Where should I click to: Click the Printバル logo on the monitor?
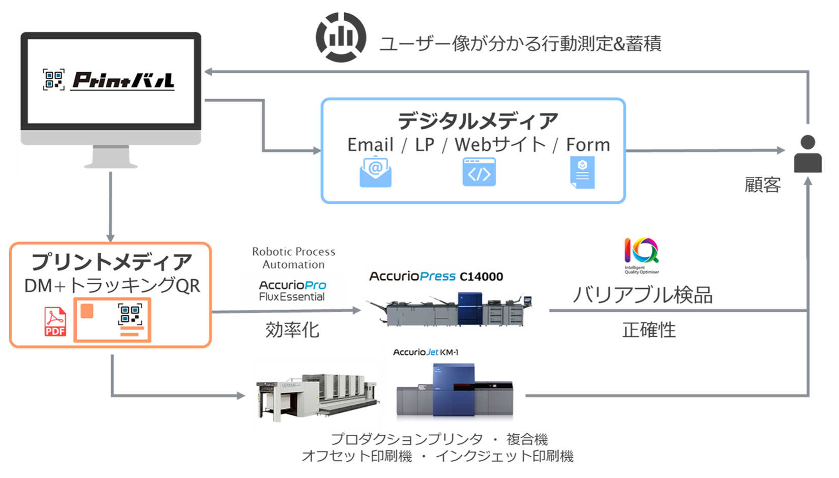coord(109,80)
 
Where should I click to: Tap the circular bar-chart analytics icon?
coord(341,38)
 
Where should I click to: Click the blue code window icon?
coord(479,172)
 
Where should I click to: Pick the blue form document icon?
coord(582,172)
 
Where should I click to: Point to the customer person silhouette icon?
coord(807,154)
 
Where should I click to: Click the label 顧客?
coord(762,185)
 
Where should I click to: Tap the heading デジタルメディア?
coord(477,121)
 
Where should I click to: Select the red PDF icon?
coord(55,321)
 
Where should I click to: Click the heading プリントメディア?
coord(111,262)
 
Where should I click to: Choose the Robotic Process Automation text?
coord(293,258)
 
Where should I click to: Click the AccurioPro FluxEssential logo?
coord(292,290)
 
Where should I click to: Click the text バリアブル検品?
coord(643,295)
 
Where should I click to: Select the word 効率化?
coord(292,330)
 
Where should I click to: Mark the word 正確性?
coord(649,330)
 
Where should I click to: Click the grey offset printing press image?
coord(317,397)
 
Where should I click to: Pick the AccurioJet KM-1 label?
coord(425,352)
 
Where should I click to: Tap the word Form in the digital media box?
coord(588,145)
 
